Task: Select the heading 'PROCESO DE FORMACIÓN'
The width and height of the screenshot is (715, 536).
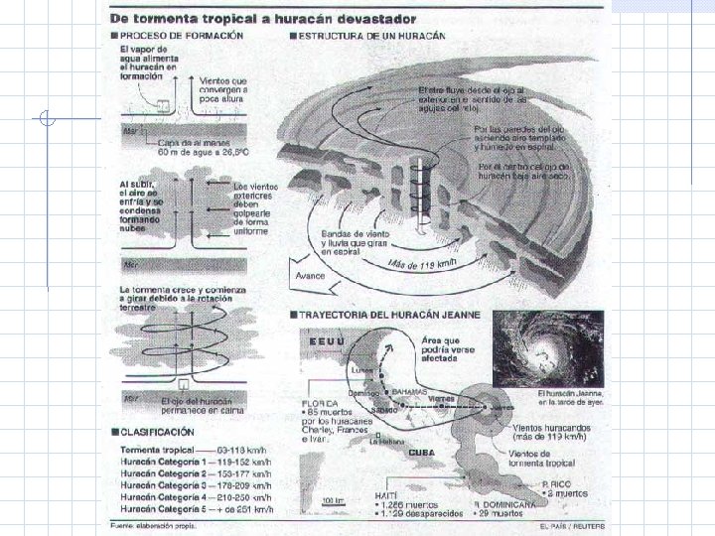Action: tap(169, 36)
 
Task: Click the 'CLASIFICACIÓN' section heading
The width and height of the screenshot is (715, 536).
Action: tap(158, 432)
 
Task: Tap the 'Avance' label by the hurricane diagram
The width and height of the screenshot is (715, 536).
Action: tap(309, 275)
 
